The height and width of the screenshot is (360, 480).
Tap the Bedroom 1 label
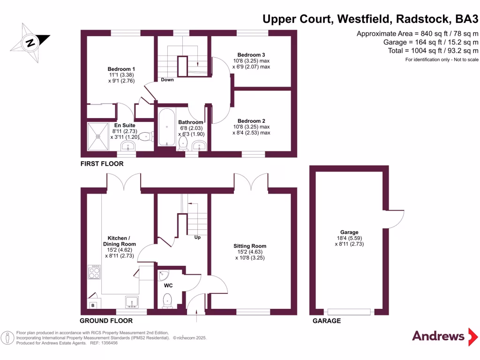coord(121,69)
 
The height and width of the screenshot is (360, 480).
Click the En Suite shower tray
coord(98,136)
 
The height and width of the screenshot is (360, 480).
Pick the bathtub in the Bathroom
coord(166,127)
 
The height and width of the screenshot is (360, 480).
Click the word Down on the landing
coord(167,80)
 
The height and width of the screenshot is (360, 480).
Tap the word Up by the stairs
coord(197,238)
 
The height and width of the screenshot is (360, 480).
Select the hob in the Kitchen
coord(94,272)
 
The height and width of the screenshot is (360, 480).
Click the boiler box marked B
coord(93,306)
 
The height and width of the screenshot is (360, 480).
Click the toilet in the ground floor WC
coord(168,300)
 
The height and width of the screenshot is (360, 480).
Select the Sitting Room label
coord(250,246)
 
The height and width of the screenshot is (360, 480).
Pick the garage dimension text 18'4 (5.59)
coord(349,238)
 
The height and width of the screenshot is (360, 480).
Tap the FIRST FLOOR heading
coord(102,164)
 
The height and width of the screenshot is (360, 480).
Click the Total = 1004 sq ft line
coord(433,51)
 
